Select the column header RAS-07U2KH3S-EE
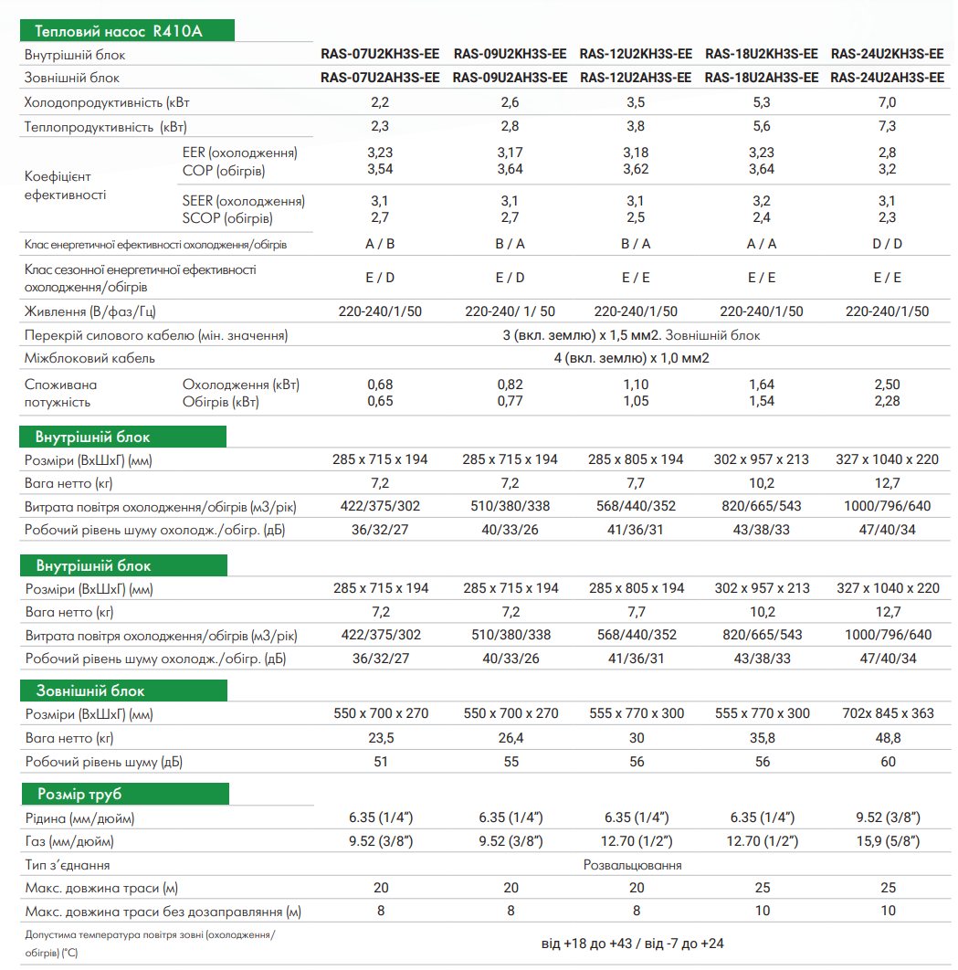pos(380,54)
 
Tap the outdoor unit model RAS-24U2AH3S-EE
pos(887,78)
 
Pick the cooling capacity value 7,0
pos(887,102)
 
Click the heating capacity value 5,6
pos(761,127)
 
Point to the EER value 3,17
pos(511,153)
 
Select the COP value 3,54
pos(380,169)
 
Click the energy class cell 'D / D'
pos(887,244)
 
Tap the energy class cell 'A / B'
pos(380,244)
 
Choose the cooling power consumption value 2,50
pos(887,385)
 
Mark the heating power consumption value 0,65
pos(380,401)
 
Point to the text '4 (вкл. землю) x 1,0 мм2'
pos(631,358)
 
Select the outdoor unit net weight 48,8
pos(887,737)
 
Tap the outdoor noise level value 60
pos(887,761)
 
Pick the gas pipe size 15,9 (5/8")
pos(887,840)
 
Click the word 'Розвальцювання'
pos(632,864)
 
